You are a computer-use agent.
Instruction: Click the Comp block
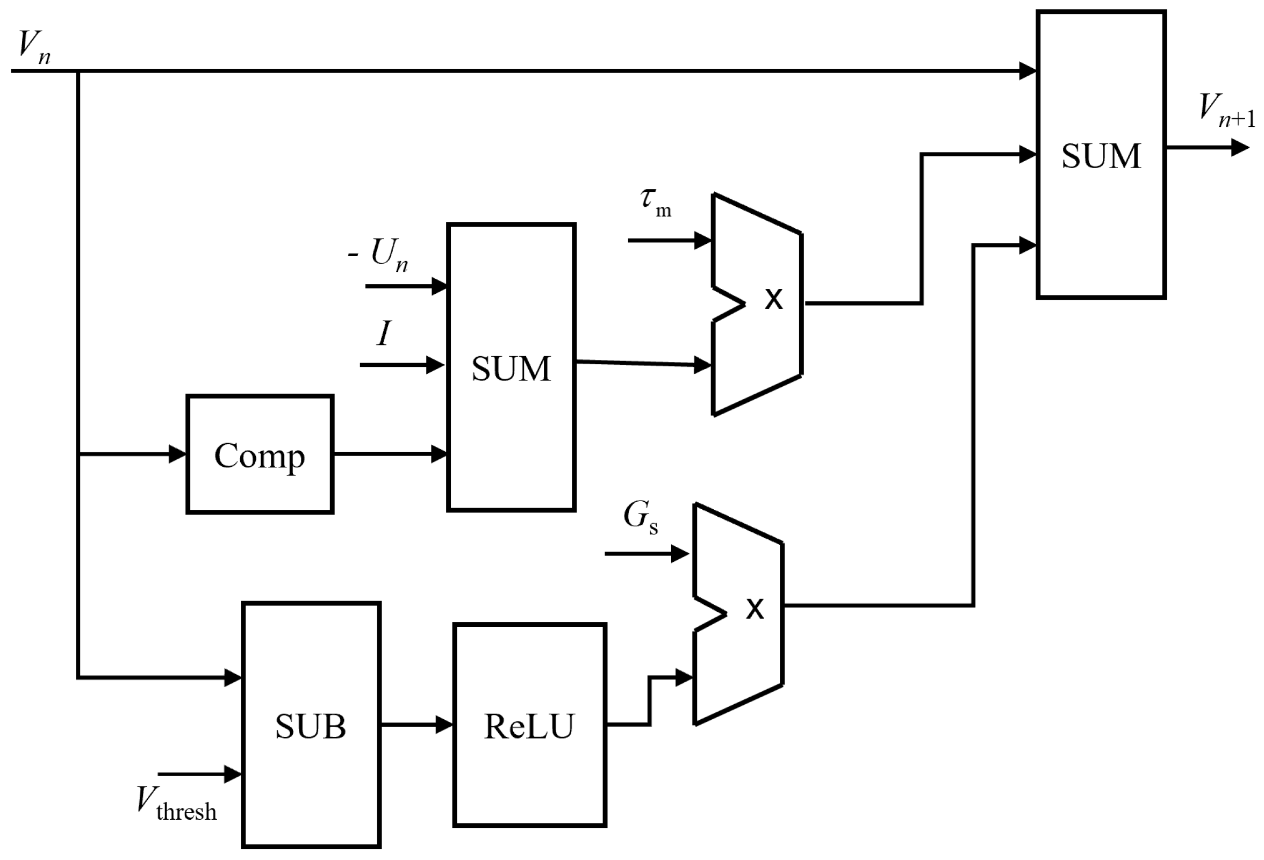pos(260,454)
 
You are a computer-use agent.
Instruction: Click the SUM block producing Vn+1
pos(1100,154)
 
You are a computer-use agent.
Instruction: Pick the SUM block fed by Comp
pos(511,367)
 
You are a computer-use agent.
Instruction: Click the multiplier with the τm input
pos(762,305)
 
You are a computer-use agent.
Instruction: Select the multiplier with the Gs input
pos(742,615)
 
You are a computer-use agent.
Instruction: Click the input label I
pos(384,333)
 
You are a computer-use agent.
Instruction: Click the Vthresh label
pos(176,804)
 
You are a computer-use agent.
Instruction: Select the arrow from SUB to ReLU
pos(415,724)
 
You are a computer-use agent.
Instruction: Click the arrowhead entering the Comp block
pos(177,454)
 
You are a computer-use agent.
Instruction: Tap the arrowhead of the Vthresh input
pos(232,774)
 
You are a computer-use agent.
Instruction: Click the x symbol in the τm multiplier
pos(773,299)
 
